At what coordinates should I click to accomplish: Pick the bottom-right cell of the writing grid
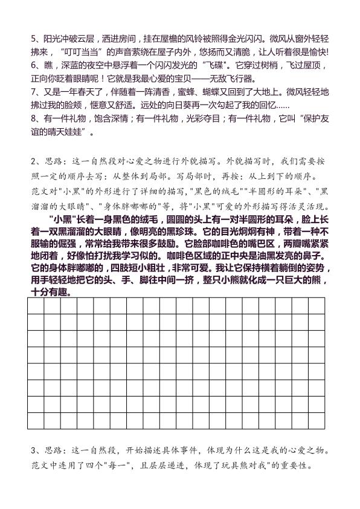(x=318, y=420)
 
